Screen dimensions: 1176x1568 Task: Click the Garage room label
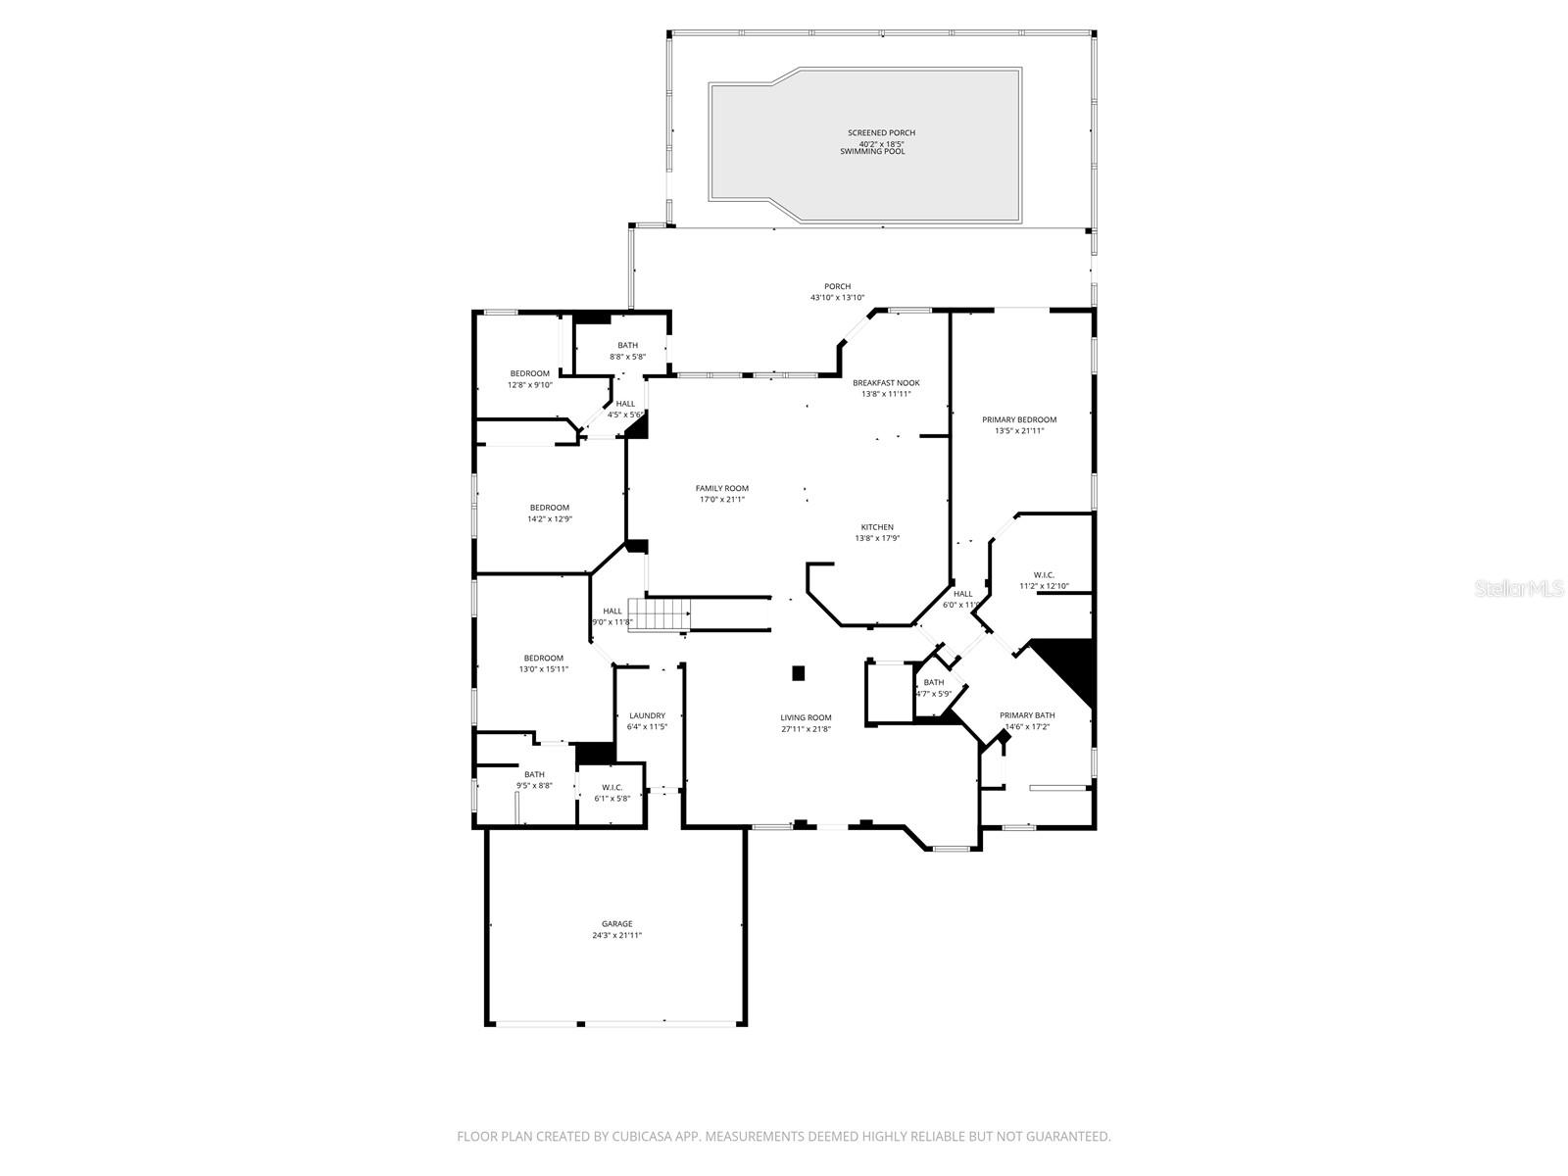tap(616, 923)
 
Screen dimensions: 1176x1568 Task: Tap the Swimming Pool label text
tap(872, 152)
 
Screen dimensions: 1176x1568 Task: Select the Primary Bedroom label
tap(1019, 419)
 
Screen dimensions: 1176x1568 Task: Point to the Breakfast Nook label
tap(886, 382)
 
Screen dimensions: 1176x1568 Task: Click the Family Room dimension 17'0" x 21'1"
tap(721, 500)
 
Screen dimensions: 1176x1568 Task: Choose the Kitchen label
tap(877, 527)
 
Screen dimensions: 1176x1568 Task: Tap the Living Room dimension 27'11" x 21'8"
tap(806, 729)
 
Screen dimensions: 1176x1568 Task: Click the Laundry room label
tap(647, 715)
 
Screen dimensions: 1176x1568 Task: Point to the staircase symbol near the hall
tap(660, 615)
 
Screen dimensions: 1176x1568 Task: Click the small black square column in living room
tap(798, 673)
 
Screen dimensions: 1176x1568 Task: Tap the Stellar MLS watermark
tap(1524, 589)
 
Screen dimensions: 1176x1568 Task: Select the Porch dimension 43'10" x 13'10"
tap(837, 298)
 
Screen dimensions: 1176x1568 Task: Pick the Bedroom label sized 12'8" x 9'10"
tap(529, 373)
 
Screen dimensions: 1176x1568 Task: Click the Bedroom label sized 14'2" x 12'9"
tap(549, 508)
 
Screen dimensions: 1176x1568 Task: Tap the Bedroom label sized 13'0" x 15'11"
tap(543, 658)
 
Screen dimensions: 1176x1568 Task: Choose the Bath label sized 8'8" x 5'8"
tap(627, 345)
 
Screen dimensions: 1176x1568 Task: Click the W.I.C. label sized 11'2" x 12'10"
tap(1043, 575)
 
